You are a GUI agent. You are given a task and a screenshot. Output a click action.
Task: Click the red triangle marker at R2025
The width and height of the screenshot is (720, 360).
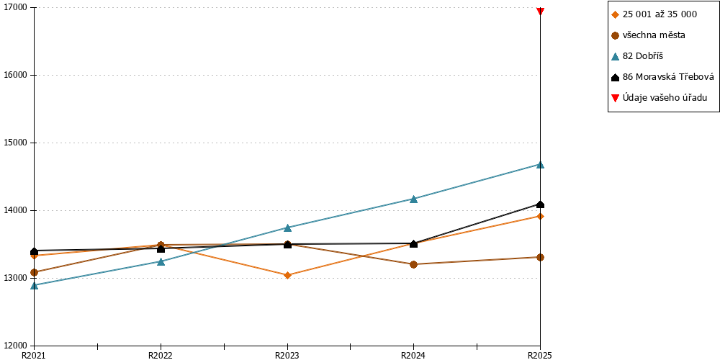click(x=541, y=11)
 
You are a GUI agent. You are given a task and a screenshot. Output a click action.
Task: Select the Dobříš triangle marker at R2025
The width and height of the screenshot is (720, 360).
click(x=541, y=164)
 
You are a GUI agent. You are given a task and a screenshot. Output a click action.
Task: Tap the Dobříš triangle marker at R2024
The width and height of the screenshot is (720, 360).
click(x=414, y=199)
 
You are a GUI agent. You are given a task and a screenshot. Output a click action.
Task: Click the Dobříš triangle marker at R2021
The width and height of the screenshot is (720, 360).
click(x=35, y=286)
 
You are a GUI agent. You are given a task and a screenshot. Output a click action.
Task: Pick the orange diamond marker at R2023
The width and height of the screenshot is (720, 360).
click(x=287, y=276)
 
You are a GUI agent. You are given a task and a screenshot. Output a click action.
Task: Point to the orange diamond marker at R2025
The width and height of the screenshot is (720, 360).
click(x=541, y=216)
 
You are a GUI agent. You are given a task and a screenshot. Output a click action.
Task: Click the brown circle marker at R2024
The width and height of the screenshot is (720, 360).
click(x=414, y=264)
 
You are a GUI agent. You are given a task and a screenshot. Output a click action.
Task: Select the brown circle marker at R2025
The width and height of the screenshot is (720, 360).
click(x=541, y=257)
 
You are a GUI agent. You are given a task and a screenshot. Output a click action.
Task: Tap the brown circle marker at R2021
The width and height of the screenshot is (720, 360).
click(x=35, y=272)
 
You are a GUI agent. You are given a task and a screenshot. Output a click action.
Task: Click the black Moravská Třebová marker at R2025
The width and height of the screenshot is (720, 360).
click(x=541, y=204)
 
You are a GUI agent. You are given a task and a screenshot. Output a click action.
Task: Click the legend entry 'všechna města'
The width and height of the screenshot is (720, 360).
click(x=649, y=35)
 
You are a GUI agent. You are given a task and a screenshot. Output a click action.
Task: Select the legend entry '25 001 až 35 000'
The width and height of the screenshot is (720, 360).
click(x=654, y=14)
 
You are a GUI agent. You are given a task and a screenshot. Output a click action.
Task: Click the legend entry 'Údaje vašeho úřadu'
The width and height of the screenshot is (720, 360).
click(x=659, y=97)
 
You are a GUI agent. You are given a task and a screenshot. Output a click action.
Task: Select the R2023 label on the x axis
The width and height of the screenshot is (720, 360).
click(x=287, y=355)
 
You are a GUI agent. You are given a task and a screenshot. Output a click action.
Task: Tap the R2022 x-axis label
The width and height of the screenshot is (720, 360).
click(x=161, y=355)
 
